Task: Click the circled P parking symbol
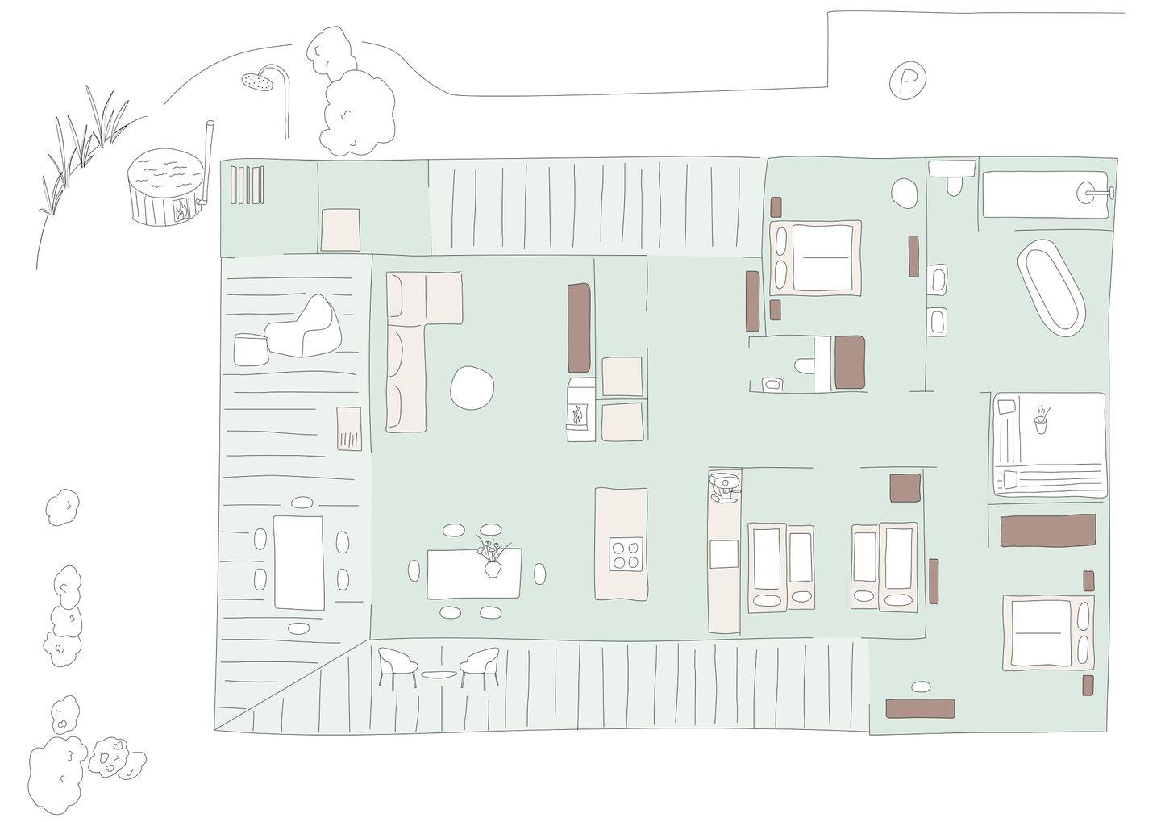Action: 908,79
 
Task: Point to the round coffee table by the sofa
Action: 472,388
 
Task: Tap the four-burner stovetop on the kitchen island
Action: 626,554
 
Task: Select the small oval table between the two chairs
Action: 438,674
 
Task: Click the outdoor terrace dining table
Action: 298,562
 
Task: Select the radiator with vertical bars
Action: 248,186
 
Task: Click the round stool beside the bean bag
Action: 252,349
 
